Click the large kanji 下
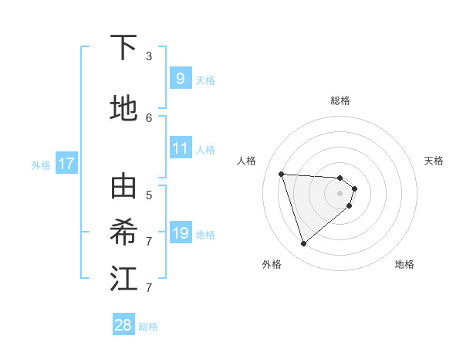[123, 48]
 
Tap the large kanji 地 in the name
[123, 108]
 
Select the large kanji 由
[123, 188]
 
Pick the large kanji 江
[123, 279]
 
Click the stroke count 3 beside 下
[149, 56]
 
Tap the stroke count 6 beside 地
[149, 117]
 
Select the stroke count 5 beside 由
[149, 195]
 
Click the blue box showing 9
[180, 79]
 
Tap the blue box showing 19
[180, 232]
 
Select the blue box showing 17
[66, 164]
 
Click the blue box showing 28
[123, 325]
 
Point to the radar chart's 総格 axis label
[340, 100]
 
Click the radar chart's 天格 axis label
[434, 161]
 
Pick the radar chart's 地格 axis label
[404, 264]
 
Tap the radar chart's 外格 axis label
[272, 264]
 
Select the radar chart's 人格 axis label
[247, 161]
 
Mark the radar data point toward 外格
[303, 244]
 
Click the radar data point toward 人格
[281, 174]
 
